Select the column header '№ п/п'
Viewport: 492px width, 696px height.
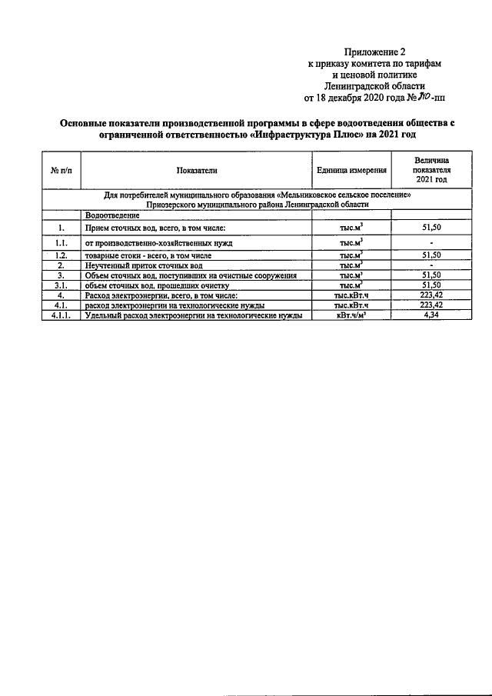click(61, 170)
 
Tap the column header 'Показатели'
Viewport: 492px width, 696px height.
click(197, 170)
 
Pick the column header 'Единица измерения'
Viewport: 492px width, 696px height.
click(351, 170)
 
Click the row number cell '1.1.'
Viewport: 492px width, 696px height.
click(61, 242)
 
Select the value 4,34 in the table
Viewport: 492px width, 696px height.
click(430, 315)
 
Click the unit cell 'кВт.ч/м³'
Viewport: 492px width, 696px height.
click(351, 315)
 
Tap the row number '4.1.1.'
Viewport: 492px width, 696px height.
click(61, 315)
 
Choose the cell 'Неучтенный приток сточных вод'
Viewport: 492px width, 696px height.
click(144, 265)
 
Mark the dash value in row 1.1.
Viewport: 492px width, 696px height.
click(430, 242)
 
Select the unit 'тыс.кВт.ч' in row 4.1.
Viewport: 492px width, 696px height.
click(351, 305)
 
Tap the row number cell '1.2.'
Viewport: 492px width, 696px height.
click(61, 255)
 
